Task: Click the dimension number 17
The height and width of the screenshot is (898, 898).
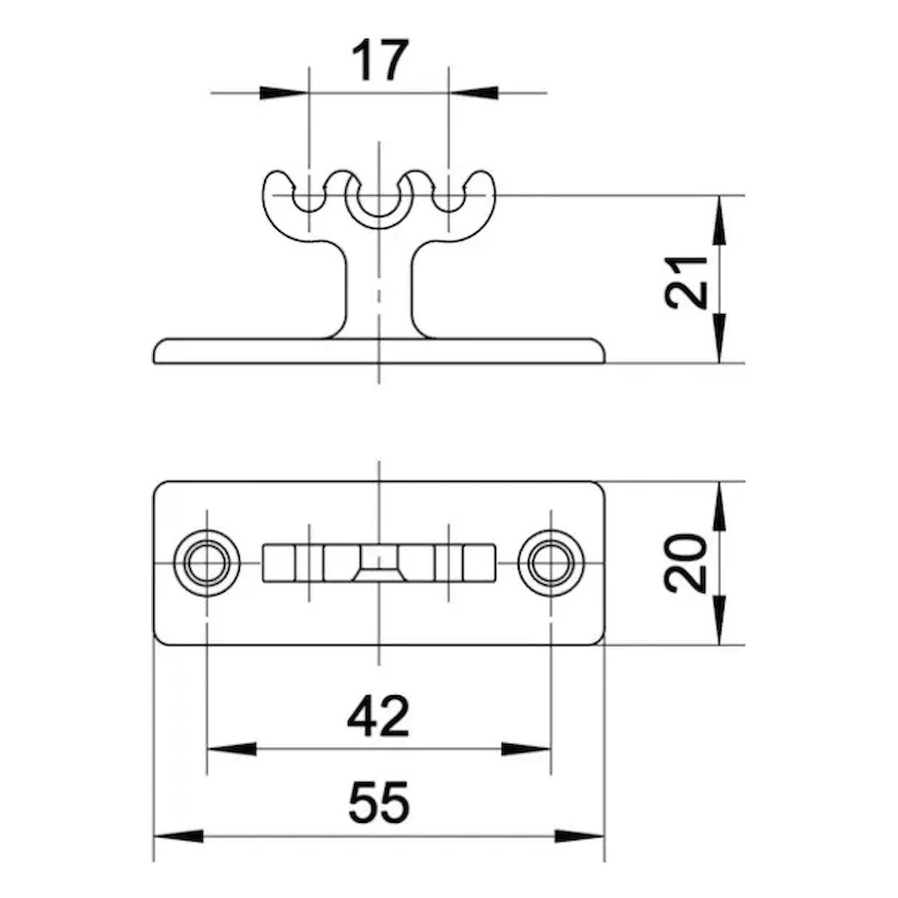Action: [379, 60]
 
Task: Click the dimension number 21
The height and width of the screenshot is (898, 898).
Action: [686, 282]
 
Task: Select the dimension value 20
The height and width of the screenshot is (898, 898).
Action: [685, 563]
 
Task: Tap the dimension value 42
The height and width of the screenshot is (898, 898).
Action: [378, 717]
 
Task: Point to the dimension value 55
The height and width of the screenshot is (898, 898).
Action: [379, 802]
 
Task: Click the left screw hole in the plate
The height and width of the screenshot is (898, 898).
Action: [207, 563]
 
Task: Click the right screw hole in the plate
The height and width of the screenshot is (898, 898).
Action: [550, 563]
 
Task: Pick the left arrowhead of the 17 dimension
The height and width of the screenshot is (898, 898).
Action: [284, 93]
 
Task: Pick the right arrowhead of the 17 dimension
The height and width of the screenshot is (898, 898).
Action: [473, 93]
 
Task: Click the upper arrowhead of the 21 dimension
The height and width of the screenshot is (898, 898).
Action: [721, 220]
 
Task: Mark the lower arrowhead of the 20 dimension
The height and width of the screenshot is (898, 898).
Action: [721, 620]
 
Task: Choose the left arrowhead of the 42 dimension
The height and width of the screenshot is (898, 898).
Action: [231, 749]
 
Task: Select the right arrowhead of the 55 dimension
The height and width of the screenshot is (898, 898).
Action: [579, 836]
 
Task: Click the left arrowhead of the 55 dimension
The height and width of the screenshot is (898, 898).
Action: [178, 836]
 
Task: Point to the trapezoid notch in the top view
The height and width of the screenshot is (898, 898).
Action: [378, 574]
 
